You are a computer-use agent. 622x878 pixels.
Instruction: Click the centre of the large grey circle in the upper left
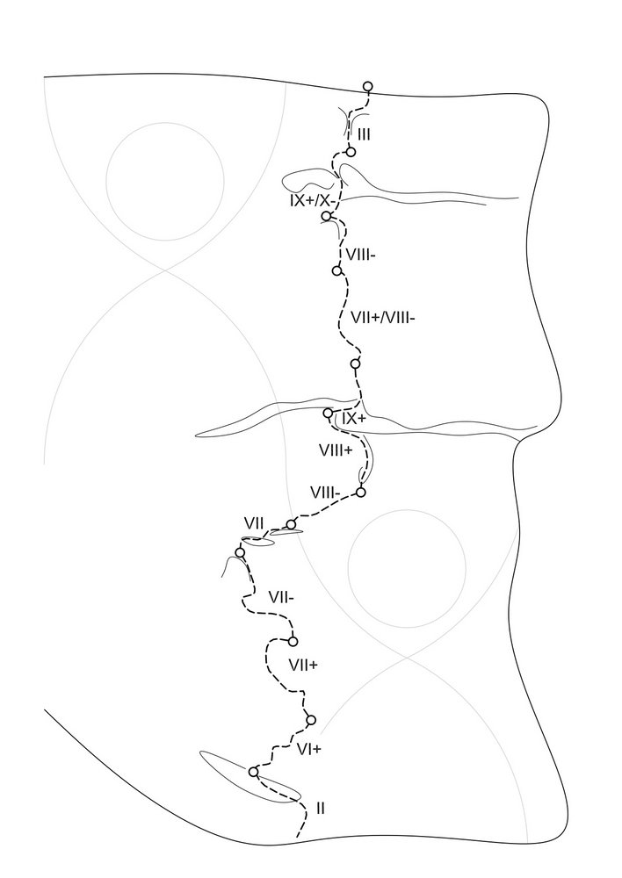tap(165, 182)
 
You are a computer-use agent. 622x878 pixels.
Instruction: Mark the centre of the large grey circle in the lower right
tap(407, 568)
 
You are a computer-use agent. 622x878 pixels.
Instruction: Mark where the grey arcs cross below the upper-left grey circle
tap(164, 270)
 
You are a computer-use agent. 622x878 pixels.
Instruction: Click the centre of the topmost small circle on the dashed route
tap(367, 86)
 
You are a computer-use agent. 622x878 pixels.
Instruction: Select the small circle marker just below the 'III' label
tap(351, 152)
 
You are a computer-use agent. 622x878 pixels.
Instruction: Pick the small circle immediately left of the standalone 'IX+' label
tap(329, 414)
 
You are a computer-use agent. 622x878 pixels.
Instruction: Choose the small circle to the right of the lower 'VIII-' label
tap(361, 493)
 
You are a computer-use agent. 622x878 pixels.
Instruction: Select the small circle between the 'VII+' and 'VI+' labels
tap(311, 720)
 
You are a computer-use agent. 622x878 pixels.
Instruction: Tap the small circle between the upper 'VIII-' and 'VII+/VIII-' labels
tap(336, 270)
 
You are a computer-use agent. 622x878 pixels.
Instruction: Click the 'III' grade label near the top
tap(364, 134)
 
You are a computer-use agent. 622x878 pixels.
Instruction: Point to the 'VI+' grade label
tap(308, 749)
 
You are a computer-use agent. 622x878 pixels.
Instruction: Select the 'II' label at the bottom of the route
tap(321, 808)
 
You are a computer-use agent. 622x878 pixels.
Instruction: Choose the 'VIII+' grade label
tap(336, 450)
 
